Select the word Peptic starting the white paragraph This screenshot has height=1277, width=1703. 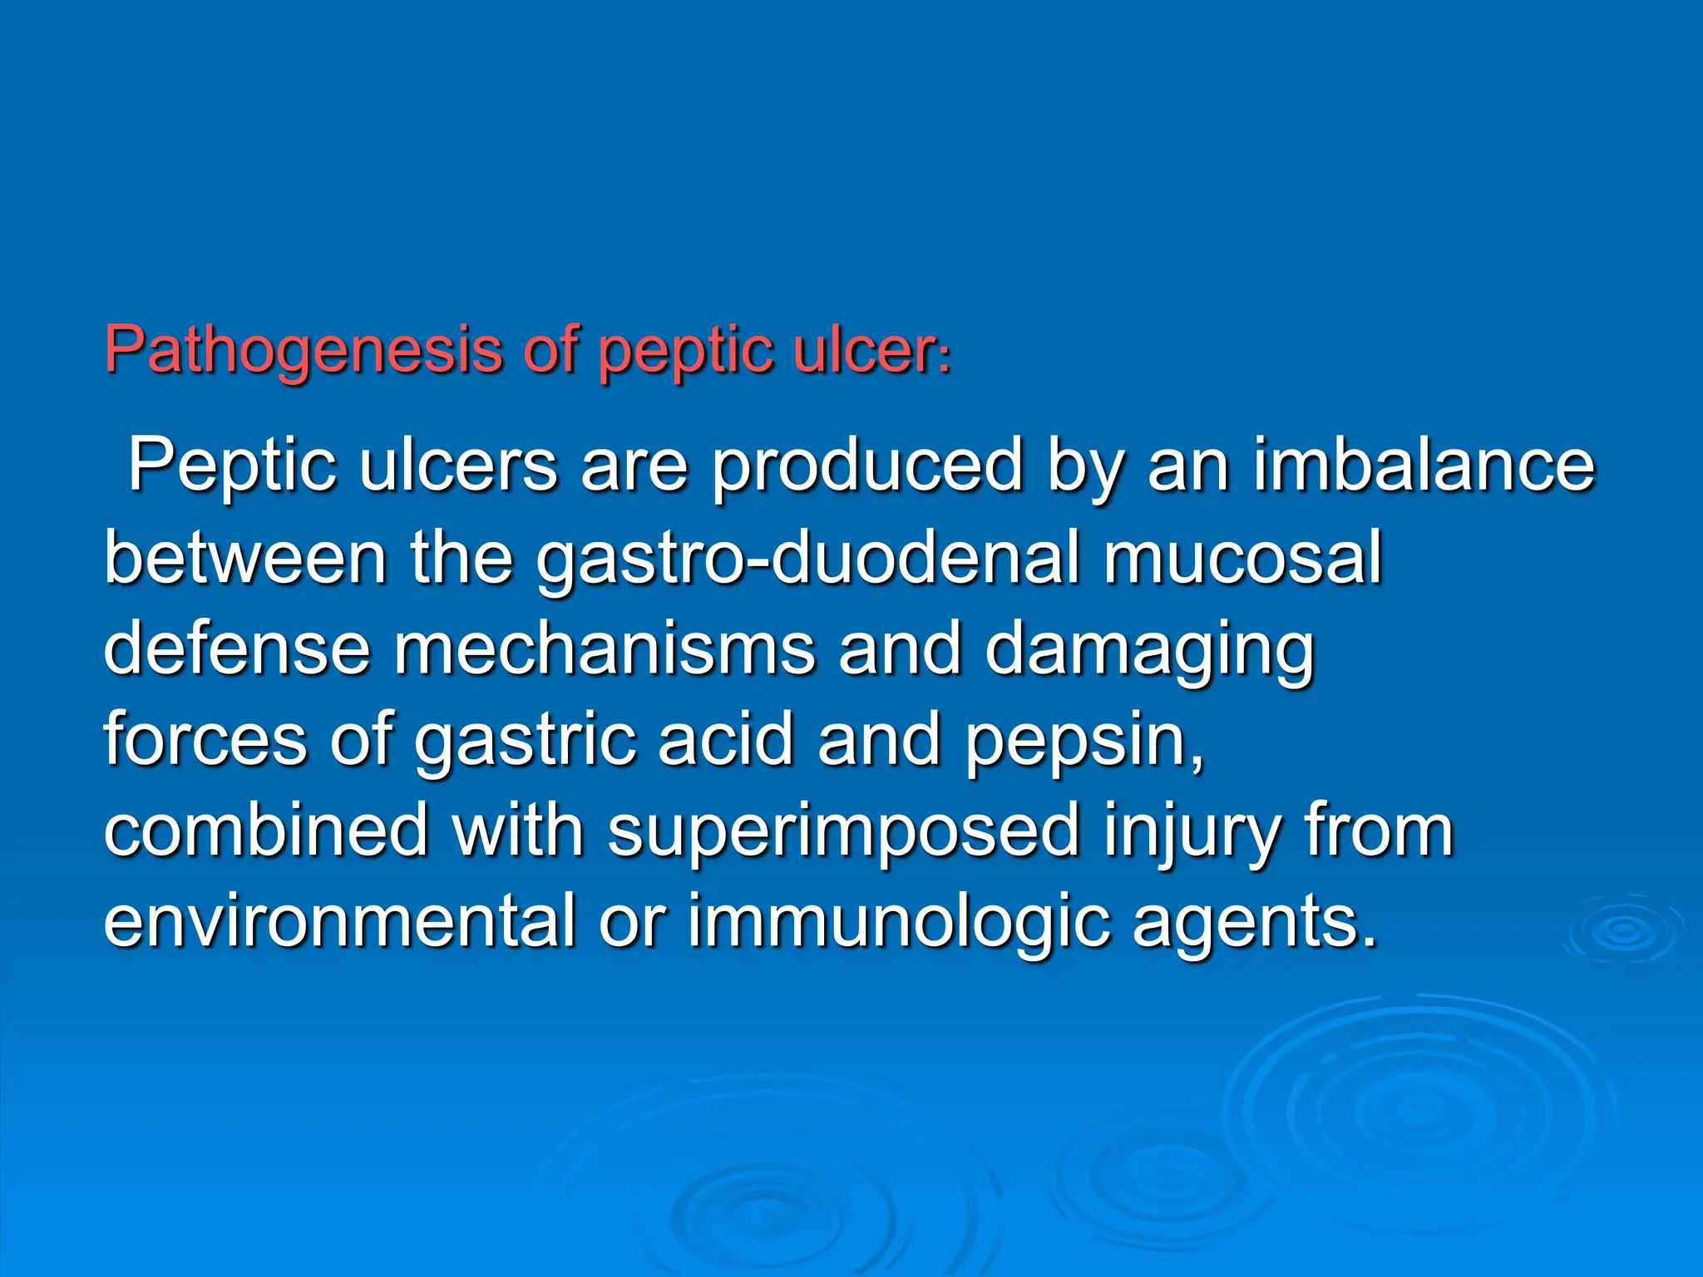pos(232,466)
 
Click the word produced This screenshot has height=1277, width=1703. pos(866,466)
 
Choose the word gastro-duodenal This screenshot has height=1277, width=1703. pos(807,559)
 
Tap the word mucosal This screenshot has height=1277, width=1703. pos(1242,559)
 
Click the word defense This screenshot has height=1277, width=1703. pos(237,649)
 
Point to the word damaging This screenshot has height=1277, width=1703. pos(1148,649)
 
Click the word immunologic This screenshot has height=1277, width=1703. pos(898,924)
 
